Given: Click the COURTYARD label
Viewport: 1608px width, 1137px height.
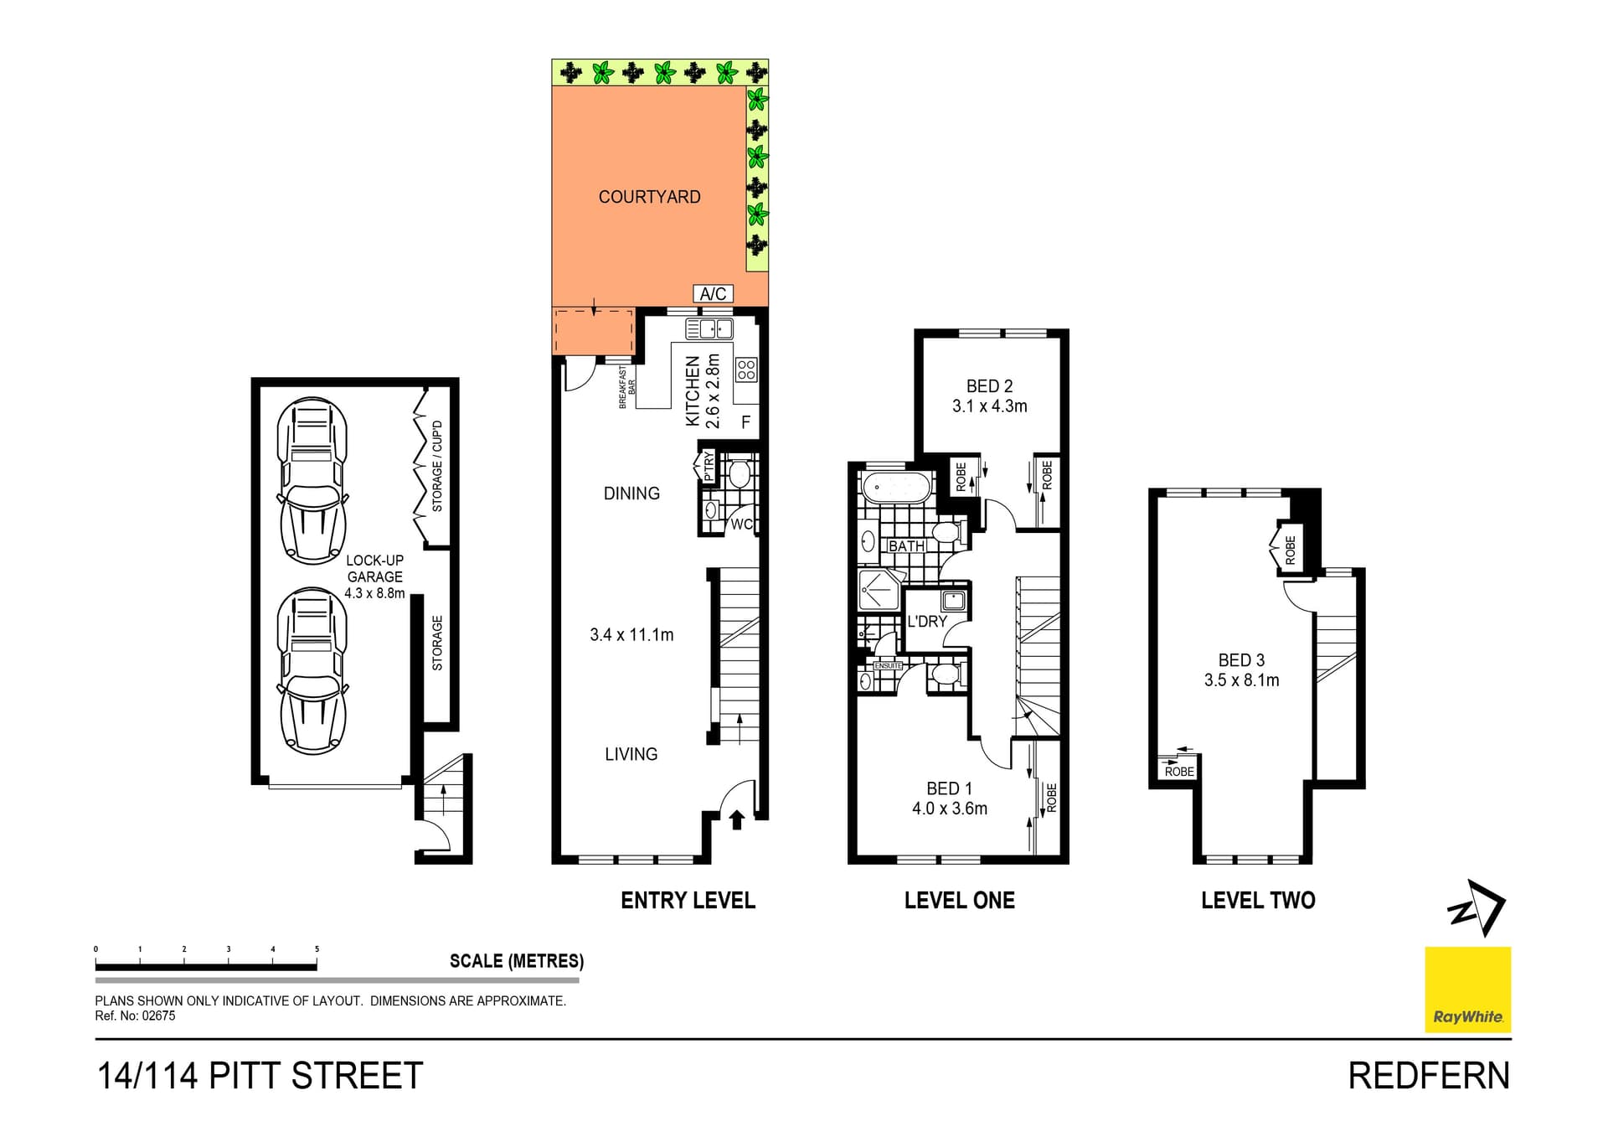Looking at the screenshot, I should tap(649, 197).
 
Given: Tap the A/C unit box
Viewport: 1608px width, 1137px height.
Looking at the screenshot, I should tap(713, 293).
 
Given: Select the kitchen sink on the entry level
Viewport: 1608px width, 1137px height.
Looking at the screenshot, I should tap(709, 328).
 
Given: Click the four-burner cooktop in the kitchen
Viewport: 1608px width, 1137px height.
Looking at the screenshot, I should tap(746, 370).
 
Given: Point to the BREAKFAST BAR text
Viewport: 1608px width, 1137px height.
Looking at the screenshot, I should tap(626, 387).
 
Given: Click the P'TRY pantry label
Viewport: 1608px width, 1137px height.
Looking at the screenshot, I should tap(708, 466).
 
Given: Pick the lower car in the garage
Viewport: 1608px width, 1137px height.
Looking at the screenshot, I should tap(312, 670).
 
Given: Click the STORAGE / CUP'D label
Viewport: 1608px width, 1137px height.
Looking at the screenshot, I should tap(436, 466).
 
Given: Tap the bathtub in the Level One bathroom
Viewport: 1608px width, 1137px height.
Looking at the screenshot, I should tap(897, 487).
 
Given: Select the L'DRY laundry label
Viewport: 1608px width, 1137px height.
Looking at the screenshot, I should tap(926, 622).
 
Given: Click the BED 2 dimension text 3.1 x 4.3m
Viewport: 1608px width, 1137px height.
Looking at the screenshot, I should tap(989, 406).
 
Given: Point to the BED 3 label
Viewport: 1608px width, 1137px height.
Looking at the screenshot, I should tap(1241, 660).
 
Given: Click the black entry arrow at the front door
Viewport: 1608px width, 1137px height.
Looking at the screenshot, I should tap(737, 819).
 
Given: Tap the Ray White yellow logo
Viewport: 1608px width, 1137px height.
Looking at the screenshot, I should tap(1467, 990).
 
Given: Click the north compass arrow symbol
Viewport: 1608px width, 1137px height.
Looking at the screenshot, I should tap(1477, 907).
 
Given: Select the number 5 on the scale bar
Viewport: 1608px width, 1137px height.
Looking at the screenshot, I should tap(317, 949).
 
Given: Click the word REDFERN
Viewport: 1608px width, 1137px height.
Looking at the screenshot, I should tap(1428, 1076).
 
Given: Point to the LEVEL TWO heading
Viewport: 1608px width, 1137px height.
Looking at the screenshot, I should tap(1257, 901).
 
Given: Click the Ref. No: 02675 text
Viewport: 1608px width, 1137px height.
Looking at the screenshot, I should tap(135, 1016).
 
